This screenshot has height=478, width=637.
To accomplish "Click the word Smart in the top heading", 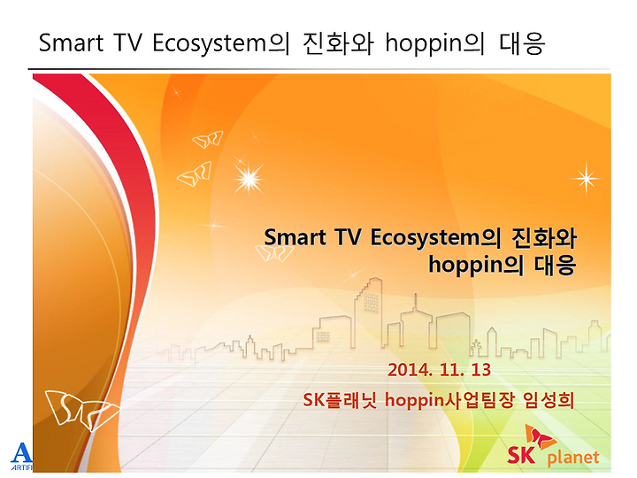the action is click(71, 42).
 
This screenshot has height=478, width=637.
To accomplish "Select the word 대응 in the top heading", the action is click(522, 43).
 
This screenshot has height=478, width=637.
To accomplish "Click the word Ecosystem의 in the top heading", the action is click(221, 43).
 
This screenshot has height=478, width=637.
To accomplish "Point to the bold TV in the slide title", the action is click(349, 237).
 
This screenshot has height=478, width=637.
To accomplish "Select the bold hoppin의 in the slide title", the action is click(476, 265).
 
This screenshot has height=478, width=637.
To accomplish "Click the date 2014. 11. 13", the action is click(439, 370).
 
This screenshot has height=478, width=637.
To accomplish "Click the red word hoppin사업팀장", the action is click(449, 400).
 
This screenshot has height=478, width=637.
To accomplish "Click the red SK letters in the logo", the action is click(521, 455).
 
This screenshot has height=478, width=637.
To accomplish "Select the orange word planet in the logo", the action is click(573, 459).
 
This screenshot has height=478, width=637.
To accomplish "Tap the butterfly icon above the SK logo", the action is click(539, 438).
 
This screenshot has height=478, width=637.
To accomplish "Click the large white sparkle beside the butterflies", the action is click(249, 179).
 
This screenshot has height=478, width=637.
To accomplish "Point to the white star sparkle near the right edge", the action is click(586, 178).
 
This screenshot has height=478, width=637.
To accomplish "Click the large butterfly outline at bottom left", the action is click(81, 409).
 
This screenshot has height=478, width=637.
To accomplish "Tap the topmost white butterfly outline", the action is click(208, 140).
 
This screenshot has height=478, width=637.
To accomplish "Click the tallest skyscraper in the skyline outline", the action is click(368, 313).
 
